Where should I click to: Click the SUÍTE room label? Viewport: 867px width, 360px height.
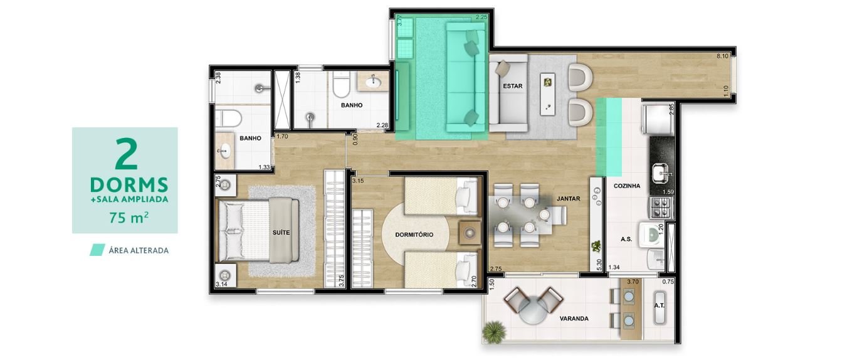[281, 233]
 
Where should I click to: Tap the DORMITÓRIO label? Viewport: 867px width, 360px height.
[414, 235]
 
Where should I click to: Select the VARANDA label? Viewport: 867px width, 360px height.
[574, 319]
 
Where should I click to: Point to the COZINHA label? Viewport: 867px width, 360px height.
[627, 186]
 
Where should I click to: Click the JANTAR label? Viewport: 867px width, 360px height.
[568, 199]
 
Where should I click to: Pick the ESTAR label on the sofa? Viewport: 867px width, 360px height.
[512, 86]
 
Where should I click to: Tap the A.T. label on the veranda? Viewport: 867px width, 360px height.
[659, 305]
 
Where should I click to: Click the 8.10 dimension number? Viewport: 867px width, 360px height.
[722, 56]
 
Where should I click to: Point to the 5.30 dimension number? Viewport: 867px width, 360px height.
[599, 265]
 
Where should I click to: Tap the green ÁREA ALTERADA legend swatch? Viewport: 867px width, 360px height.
[97, 250]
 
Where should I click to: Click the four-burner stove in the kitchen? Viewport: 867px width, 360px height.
[661, 208]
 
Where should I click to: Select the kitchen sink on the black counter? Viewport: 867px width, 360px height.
[661, 172]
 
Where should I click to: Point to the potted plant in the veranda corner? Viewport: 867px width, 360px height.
[494, 332]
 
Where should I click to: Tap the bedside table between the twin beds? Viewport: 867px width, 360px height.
[470, 233]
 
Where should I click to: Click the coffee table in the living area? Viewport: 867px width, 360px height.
[548, 94]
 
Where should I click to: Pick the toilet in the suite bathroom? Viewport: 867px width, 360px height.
[229, 118]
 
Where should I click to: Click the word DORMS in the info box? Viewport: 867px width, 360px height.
[129, 185]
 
